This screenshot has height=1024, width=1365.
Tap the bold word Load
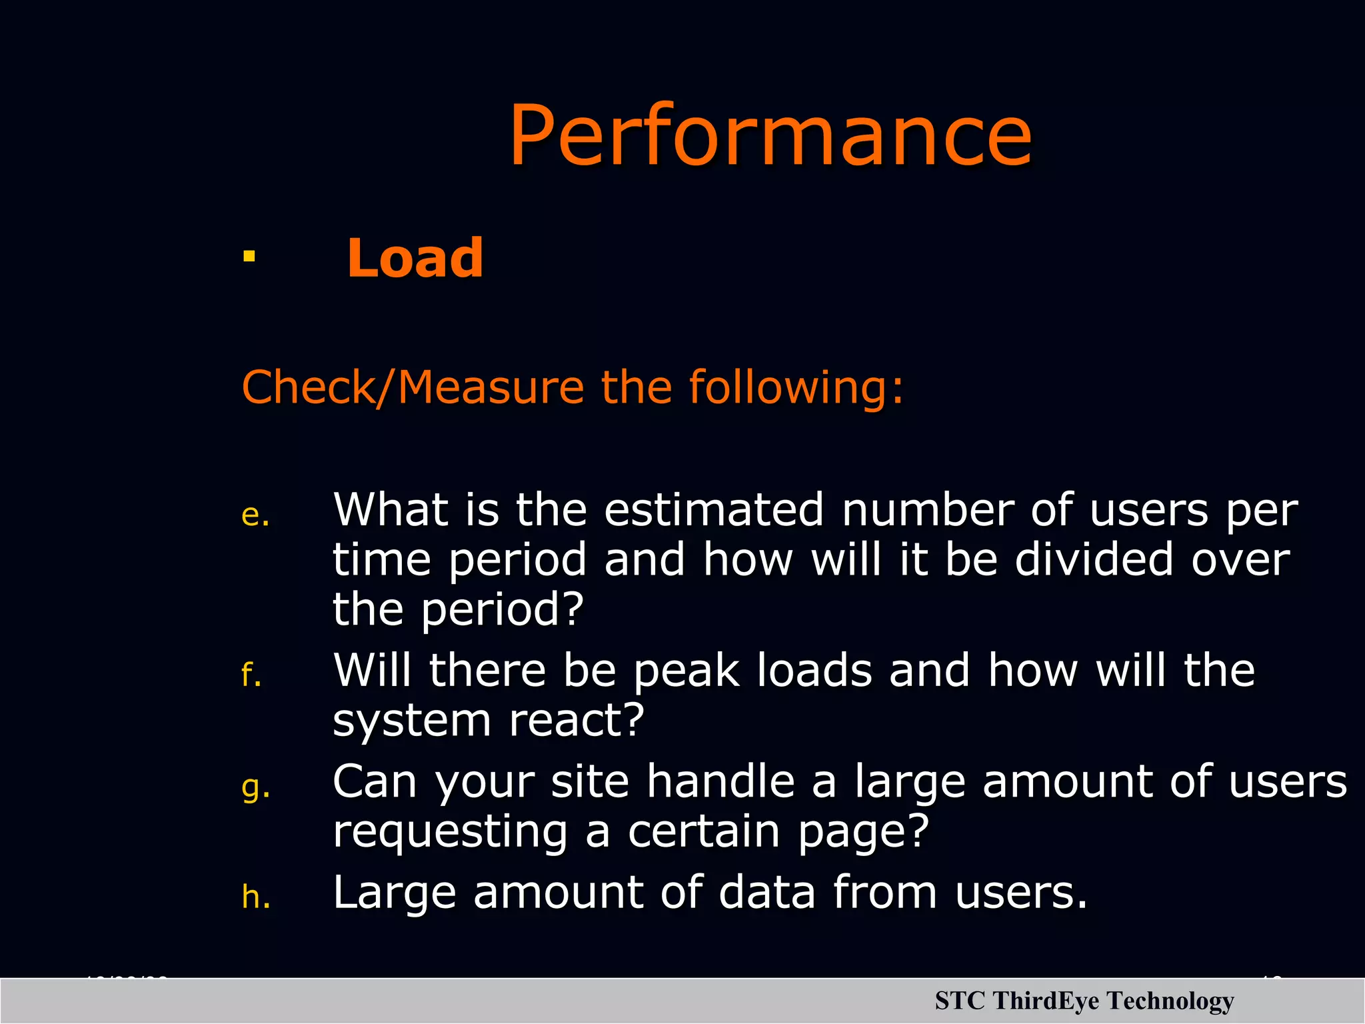415,258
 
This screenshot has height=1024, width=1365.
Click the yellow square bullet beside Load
249,257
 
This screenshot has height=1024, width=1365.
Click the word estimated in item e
714,510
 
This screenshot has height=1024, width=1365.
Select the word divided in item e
1093,559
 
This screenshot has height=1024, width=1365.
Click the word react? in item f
577,721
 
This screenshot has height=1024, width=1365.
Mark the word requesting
451,833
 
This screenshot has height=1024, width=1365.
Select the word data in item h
766,893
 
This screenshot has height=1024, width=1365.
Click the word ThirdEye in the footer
1045,1001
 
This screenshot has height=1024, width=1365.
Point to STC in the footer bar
959,1001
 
